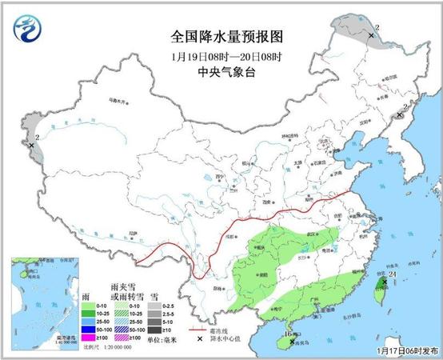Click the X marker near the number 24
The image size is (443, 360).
[x=384, y=282]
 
